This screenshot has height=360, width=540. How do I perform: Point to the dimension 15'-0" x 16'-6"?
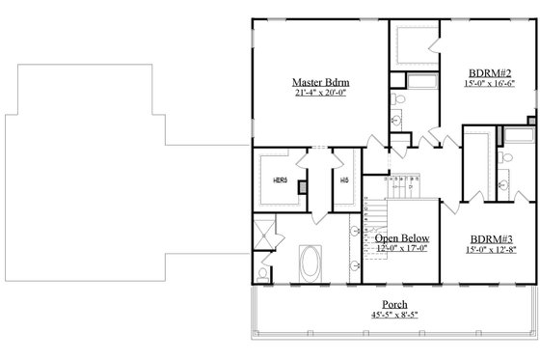point(490,83)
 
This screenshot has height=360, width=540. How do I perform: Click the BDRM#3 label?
point(490,238)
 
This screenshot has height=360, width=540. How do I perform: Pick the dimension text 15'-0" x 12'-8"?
point(490,251)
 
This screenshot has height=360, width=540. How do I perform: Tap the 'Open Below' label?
point(402,238)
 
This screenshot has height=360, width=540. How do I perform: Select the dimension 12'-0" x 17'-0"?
point(402,250)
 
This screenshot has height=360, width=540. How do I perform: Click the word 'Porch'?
point(395,304)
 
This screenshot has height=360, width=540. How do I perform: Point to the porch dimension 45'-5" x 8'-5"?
point(395,315)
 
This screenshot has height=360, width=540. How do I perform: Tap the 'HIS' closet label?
point(343,180)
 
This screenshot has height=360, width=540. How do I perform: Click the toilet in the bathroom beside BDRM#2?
point(399,120)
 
